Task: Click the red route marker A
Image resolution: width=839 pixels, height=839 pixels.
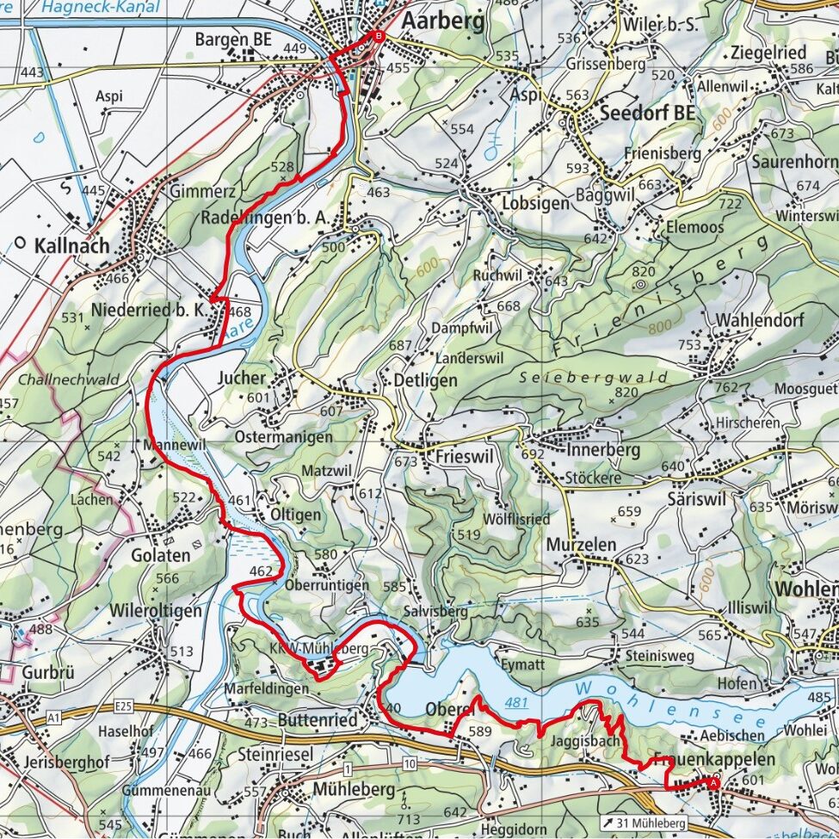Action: [713, 782]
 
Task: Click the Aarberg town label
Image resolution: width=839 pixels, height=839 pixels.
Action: [441, 21]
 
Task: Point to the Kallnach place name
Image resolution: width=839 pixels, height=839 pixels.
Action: [72, 245]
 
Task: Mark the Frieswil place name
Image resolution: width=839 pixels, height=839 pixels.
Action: [464, 457]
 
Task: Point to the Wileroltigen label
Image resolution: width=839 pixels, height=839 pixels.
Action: [156, 610]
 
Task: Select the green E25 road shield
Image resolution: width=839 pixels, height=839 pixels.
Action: [123, 706]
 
